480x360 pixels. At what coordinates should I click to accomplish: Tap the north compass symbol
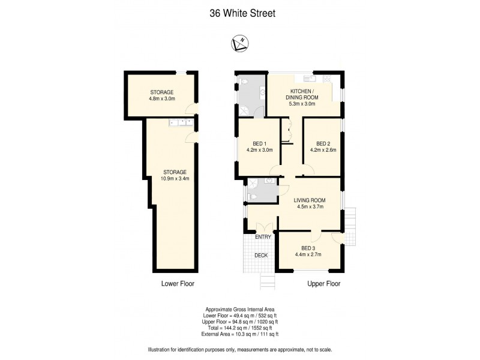[239, 43]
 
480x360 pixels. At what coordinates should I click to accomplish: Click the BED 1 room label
[259, 144]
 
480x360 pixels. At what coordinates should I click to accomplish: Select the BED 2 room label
[323, 144]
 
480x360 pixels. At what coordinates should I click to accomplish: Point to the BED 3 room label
[308, 248]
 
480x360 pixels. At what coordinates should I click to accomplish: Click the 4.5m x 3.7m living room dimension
[309, 208]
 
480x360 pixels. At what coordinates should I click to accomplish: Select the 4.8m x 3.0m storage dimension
[161, 99]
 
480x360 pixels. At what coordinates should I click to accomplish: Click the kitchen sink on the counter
[309, 78]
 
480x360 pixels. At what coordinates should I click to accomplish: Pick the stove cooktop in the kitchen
[327, 78]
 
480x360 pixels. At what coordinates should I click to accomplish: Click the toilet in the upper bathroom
[262, 92]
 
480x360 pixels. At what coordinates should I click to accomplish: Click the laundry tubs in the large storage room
[181, 122]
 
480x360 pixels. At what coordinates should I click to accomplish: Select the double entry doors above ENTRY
[263, 228]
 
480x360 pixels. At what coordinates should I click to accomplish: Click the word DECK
[260, 255]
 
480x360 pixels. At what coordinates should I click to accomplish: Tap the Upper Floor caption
[324, 284]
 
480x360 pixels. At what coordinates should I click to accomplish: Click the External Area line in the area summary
[242, 334]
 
